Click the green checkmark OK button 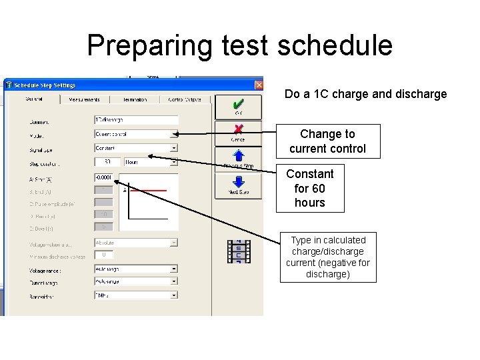pos(238,107)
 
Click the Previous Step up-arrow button pos(238,157)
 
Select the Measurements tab pos(85,99)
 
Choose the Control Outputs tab pos(184,99)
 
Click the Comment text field pos(136,120)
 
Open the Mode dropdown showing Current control pos(136,134)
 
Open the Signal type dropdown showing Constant pos(136,148)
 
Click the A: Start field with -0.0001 pos(103,177)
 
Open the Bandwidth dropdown pos(136,294)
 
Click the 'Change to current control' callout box pos(327,141)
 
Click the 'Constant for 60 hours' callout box pos(310,188)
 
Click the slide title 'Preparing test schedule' pos(239,45)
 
